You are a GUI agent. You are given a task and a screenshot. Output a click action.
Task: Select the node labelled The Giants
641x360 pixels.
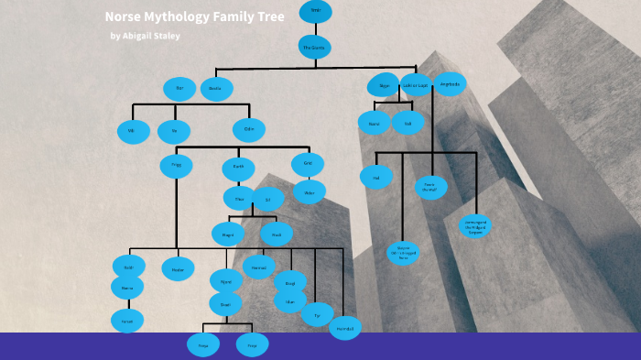click(x=315, y=47)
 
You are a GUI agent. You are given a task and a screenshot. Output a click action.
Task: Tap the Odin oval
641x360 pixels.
click(x=248, y=130)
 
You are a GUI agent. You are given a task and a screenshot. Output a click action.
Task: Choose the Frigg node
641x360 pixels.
click(x=176, y=166)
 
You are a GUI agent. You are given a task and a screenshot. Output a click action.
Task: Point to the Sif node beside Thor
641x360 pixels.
click(x=268, y=199)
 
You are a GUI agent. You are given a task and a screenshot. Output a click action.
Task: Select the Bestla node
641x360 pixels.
click(x=216, y=89)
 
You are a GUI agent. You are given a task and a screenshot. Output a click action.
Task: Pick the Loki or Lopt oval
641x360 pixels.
click(x=416, y=85)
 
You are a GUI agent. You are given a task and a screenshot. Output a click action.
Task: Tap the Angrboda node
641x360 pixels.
click(x=450, y=84)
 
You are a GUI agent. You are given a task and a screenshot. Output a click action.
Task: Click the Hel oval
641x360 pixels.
click(x=375, y=177)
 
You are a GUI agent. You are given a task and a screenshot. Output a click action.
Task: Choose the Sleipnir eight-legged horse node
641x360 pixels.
click(x=403, y=253)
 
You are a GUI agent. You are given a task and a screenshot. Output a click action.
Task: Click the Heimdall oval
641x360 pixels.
click(x=345, y=327)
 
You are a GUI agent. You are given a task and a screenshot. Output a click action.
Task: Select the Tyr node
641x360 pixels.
click(x=317, y=314)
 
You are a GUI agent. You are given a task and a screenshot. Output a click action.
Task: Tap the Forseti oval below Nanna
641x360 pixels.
click(x=127, y=320)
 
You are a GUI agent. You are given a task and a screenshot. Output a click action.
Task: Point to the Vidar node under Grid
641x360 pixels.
click(x=309, y=191)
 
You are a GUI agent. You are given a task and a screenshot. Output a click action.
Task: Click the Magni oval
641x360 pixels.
click(x=227, y=234)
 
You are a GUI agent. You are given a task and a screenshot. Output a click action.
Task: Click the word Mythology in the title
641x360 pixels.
click(x=174, y=16)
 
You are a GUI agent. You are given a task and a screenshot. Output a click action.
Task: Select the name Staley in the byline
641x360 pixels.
click(x=163, y=36)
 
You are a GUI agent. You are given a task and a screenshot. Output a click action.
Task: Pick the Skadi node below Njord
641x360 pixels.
click(x=225, y=303)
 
